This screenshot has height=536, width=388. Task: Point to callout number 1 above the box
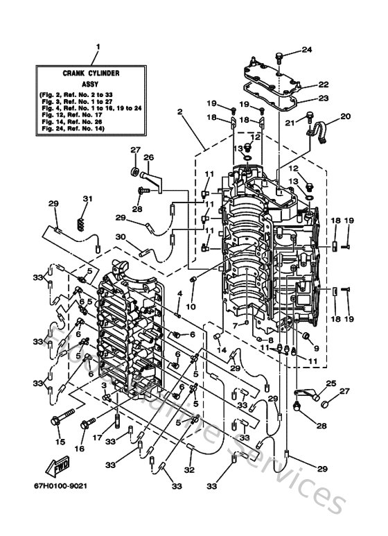point(97,48)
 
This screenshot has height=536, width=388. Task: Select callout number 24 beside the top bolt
point(307,49)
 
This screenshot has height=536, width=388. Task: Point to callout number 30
point(121,236)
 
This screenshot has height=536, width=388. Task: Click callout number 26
point(147,157)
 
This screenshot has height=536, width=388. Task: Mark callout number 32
point(190,469)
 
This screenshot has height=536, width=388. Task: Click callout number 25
point(330,383)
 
